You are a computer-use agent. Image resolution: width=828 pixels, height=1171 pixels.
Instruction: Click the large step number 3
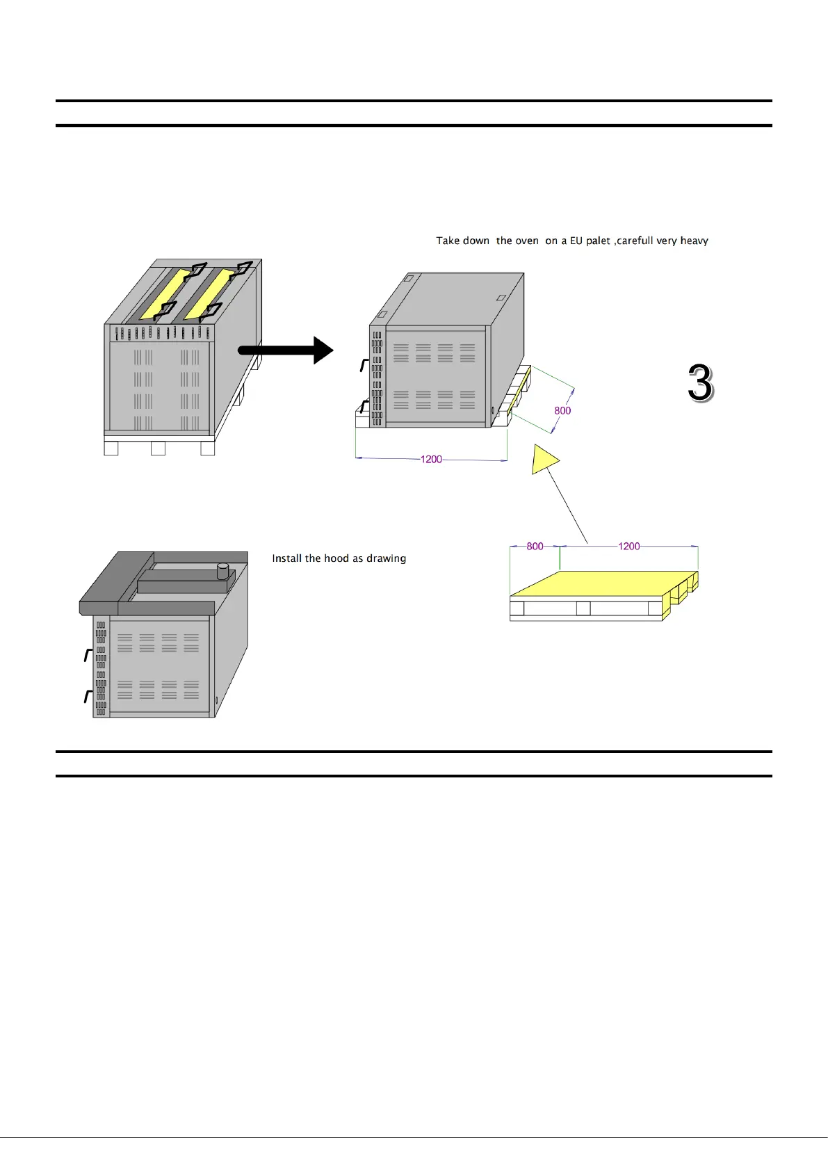point(701,382)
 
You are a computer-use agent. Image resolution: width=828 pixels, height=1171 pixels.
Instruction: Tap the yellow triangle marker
point(544,460)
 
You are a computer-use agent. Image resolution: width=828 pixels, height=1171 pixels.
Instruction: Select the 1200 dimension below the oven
point(431,459)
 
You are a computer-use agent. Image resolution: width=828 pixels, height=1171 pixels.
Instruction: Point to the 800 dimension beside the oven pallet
point(562,410)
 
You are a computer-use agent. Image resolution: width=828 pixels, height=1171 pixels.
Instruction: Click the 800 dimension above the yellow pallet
point(535,546)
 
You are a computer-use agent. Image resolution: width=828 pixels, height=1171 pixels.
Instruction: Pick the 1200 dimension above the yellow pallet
point(628,546)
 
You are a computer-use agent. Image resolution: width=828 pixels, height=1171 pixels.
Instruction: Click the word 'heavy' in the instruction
point(694,241)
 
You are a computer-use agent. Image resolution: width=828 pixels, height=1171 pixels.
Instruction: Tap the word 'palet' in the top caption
point(598,241)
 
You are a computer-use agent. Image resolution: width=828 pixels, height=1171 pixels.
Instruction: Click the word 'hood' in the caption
point(336,558)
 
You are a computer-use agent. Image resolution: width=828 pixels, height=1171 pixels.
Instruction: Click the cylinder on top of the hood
point(223,571)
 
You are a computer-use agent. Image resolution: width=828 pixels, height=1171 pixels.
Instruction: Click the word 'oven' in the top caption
point(526,241)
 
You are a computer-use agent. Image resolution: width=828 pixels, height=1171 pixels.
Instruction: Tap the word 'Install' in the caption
point(286,558)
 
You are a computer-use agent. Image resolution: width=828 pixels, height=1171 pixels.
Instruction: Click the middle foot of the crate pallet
point(158,449)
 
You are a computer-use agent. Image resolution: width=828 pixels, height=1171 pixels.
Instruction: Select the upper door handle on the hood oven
point(88,654)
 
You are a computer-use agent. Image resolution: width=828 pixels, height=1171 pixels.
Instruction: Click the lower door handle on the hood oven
point(88,696)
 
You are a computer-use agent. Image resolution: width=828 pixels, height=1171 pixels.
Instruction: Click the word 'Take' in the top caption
point(448,241)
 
